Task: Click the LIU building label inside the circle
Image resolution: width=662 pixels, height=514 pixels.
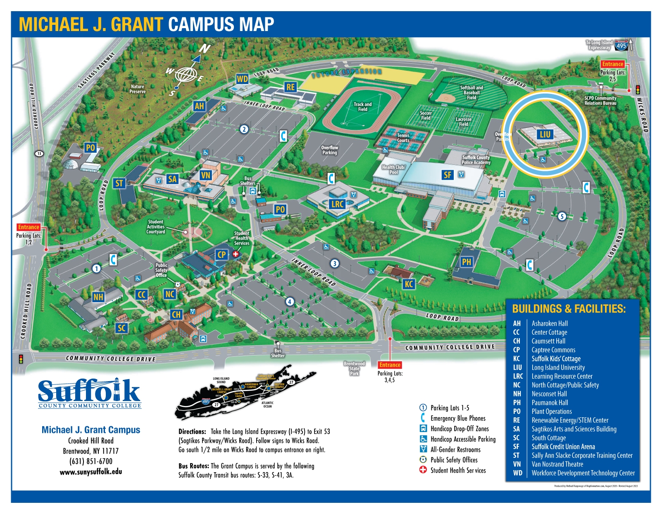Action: coord(545,134)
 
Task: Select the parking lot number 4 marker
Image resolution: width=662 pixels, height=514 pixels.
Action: coord(290,302)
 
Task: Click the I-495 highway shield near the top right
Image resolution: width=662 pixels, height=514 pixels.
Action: coord(621,45)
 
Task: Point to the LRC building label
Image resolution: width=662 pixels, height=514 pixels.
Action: coord(338,204)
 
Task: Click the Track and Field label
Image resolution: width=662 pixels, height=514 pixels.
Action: coord(362,107)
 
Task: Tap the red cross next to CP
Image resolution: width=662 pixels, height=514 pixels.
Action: coord(236,254)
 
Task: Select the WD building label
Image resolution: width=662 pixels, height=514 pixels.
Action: coord(243,79)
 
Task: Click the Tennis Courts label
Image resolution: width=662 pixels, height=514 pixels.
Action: coord(403,138)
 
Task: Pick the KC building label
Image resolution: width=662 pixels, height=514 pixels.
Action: coord(409,284)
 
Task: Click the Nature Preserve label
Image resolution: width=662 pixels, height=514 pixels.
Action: coord(138,89)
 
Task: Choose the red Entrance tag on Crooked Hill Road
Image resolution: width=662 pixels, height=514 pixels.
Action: coord(29,227)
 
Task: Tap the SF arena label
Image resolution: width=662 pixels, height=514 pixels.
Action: coord(448,175)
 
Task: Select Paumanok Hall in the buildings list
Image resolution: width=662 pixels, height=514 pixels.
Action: coord(550,403)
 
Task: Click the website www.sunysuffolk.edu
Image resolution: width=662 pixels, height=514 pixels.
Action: coord(91,472)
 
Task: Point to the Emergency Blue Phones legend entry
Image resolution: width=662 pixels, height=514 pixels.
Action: coord(457,418)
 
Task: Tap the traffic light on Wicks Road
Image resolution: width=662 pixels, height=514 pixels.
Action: coord(638,89)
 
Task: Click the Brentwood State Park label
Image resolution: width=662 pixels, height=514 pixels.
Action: coord(354,368)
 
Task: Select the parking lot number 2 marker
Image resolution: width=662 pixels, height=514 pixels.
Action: coord(244,129)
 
